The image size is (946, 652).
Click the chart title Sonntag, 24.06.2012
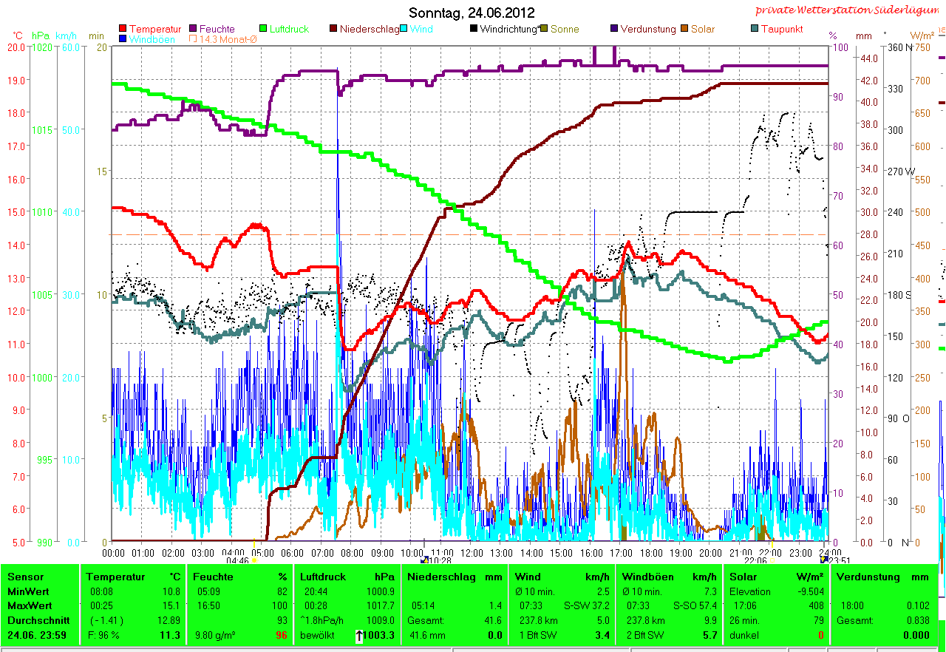472,13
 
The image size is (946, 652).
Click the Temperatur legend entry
154,30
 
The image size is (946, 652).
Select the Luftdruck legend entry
289,30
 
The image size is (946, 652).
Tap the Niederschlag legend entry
369,30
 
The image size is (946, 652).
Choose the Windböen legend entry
152,39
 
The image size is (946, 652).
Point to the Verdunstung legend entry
647,30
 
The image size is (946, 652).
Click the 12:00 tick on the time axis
472,553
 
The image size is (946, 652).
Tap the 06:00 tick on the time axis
293,553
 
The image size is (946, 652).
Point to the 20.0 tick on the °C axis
16,47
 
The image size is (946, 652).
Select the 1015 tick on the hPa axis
43,130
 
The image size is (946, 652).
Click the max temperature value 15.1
171,606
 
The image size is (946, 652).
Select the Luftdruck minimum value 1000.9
381,591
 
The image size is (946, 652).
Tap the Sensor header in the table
26,577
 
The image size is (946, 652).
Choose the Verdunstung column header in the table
863,577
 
